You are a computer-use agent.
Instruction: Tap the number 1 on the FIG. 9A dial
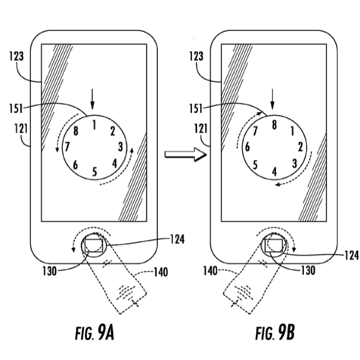(x=94, y=124)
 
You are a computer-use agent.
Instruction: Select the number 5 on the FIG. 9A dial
(x=95, y=171)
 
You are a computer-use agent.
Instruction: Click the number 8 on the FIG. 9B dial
(x=274, y=124)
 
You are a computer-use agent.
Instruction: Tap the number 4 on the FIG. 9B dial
(x=274, y=171)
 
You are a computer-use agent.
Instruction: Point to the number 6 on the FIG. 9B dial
(x=247, y=147)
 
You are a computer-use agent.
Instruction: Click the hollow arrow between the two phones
(x=178, y=154)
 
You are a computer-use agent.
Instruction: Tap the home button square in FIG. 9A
(x=94, y=245)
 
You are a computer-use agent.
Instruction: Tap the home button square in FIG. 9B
(x=273, y=245)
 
